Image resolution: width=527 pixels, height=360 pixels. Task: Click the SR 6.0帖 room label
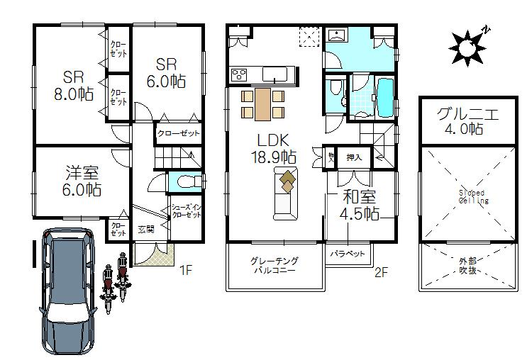[167, 72]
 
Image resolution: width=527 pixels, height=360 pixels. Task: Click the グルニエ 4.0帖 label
[467, 120]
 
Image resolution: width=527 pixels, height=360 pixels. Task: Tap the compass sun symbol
[467, 46]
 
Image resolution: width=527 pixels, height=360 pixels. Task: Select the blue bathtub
[386, 98]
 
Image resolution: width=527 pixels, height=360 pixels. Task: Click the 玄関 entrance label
[145, 230]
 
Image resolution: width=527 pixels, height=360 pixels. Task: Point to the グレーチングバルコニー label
[274, 266]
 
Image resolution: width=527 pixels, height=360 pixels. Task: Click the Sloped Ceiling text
[471, 196]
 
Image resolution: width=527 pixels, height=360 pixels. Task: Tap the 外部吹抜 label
[467, 266]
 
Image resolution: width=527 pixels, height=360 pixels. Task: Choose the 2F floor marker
[382, 269]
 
